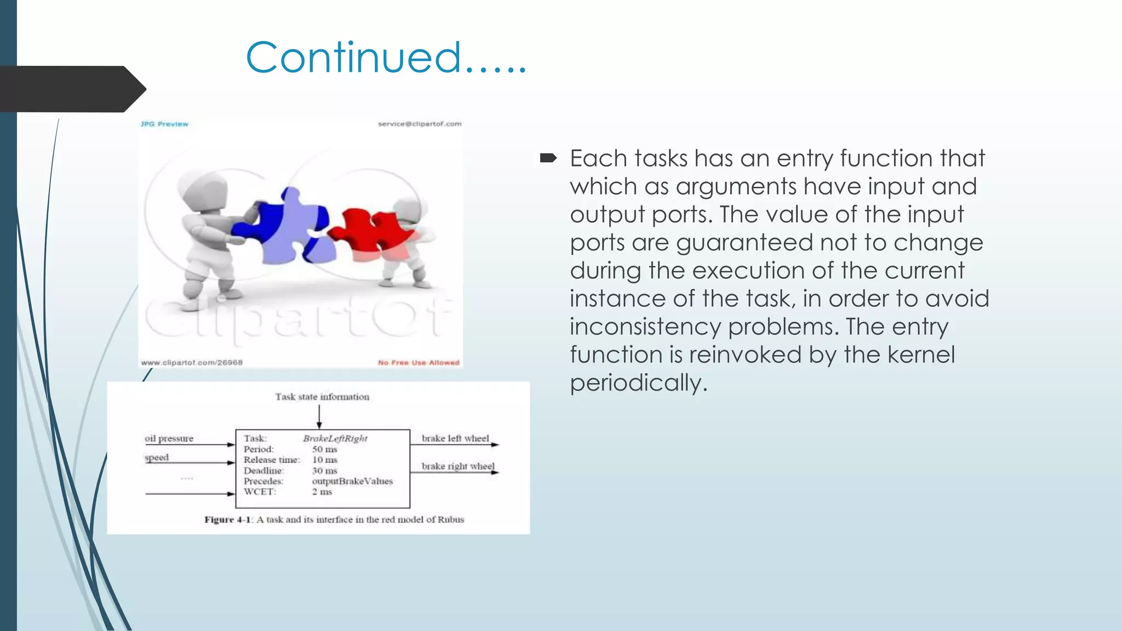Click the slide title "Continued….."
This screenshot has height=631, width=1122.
click(386, 57)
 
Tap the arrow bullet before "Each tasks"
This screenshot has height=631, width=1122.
click(548, 159)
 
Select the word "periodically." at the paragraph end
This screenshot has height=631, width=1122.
click(639, 383)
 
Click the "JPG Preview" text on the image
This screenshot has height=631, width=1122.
click(164, 124)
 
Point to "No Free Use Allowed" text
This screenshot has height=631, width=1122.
click(419, 363)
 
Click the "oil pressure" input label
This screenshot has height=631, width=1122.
click(169, 438)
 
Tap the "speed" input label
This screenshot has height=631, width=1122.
click(157, 457)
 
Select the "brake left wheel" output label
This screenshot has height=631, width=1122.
click(455, 438)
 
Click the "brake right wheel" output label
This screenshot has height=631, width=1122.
click(458, 466)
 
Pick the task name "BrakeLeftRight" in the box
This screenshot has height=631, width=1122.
click(335, 438)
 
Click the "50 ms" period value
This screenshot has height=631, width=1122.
click(325, 449)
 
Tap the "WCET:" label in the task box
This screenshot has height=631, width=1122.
click(260, 492)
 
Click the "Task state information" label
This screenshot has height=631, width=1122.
click(322, 397)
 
